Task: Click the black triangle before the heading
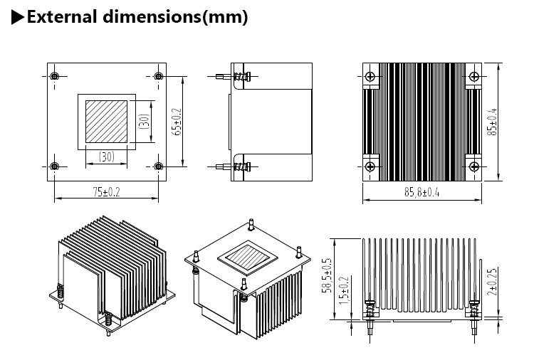tap(18, 18)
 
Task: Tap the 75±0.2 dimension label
tap(106, 191)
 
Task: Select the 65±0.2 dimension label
tap(178, 121)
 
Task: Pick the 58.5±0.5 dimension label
tap(328, 279)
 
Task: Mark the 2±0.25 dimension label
tap(491, 282)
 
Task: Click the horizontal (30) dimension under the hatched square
tap(106, 156)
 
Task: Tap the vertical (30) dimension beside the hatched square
tap(144, 120)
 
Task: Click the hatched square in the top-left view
tap(106, 120)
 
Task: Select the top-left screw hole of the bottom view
tap(56, 76)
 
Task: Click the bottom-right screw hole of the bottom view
tap(157, 166)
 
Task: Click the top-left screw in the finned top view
tap(369, 76)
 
